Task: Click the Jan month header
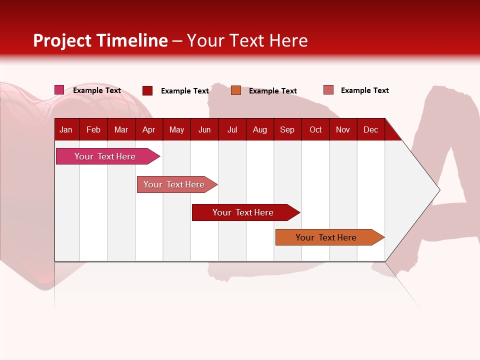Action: [x=66, y=129]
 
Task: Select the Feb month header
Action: [x=93, y=129]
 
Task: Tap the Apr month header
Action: [x=148, y=129]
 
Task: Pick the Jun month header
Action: [x=204, y=129]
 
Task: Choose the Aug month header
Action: [x=259, y=129]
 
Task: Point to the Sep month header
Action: [x=287, y=129]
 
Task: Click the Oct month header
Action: [x=315, y=129]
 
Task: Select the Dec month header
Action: [x=370, y=129]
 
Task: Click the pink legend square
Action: [x=59, y=90]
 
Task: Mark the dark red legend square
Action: [x=147, y=90]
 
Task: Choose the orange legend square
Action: [x=236, y=90]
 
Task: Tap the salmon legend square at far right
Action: [x=328, y=90]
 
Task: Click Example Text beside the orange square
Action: [x=273, y=91]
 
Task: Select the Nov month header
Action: [x=343, y=129]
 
